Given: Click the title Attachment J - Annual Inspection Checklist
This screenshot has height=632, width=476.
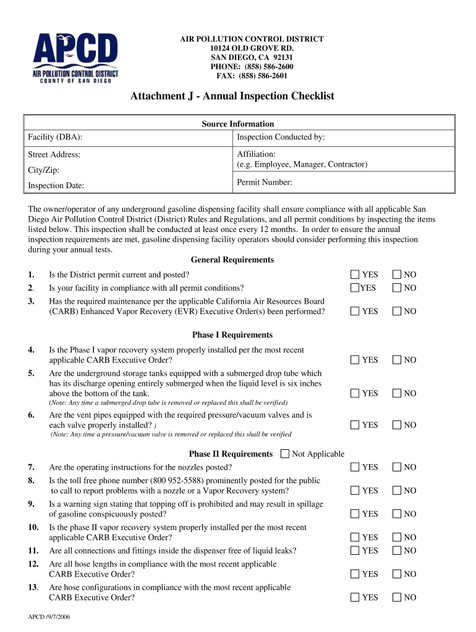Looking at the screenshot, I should [232, 96].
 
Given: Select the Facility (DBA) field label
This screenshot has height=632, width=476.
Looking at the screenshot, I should [55, 137].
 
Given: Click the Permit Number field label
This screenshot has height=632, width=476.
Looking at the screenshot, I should [265, 182].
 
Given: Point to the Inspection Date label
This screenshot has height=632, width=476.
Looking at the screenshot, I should [56, 186].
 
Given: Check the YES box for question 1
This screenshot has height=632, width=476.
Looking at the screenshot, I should [355, 275].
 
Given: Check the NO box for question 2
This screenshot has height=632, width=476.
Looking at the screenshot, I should [397, 288].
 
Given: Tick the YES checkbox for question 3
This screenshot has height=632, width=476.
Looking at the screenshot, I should [355, 312].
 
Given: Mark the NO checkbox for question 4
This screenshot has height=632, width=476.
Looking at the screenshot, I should [397, 360].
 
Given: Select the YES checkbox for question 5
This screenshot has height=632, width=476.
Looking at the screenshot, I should [355, 393].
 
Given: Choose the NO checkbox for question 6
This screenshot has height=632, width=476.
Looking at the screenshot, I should [397, 425].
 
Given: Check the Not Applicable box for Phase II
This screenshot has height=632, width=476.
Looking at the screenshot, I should [284, 454].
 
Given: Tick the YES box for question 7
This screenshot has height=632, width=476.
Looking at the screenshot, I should [355, 467].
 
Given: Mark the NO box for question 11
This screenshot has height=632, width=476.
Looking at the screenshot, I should [397, 551].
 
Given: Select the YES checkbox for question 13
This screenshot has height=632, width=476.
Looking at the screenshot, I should [355, 597].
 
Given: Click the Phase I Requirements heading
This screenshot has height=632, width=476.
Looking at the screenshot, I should [232, 335].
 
